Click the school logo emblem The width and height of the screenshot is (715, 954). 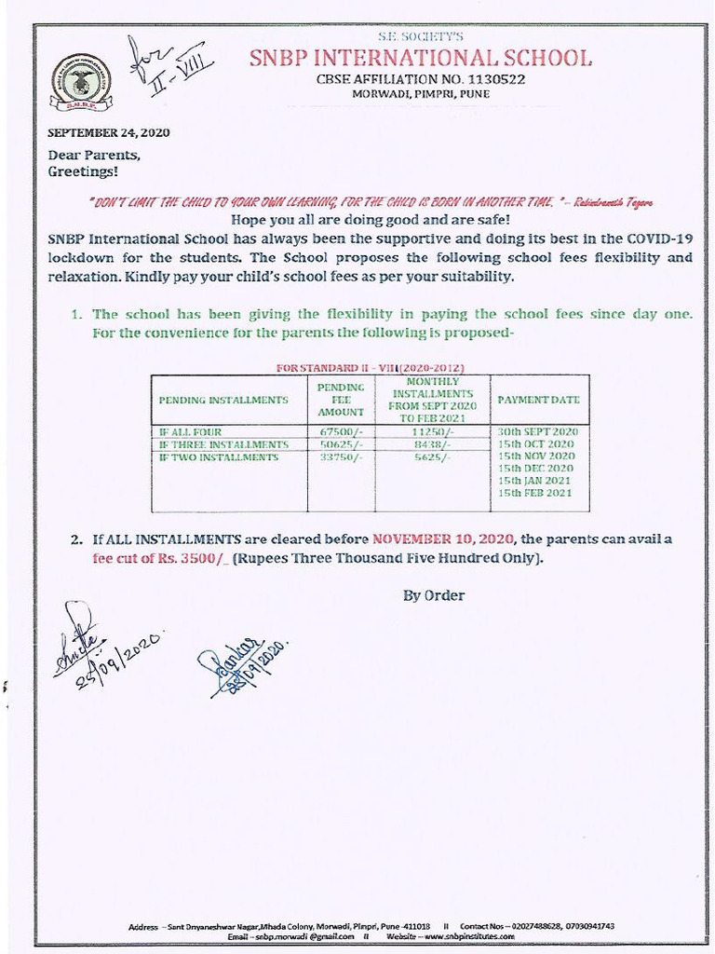coord(81,81)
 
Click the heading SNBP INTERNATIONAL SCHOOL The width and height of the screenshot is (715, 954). coord(420,59)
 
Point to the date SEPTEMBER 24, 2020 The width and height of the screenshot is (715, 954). coord(109,132)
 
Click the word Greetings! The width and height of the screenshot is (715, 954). coord(83,171)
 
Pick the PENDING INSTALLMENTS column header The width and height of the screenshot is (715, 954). coord(223,400)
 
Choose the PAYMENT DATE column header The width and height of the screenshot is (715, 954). coord(538,400)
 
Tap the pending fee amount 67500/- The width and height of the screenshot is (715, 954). coord(340,432)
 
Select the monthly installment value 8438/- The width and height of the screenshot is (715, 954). coord(431,444)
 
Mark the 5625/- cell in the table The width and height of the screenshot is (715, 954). coord(431,457)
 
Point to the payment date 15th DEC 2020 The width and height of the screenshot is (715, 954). coord(535,469)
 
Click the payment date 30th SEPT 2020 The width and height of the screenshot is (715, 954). coord(537,432)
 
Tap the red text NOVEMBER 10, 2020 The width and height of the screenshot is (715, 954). coord(443,538)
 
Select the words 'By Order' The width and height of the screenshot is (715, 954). coord(433,595)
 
